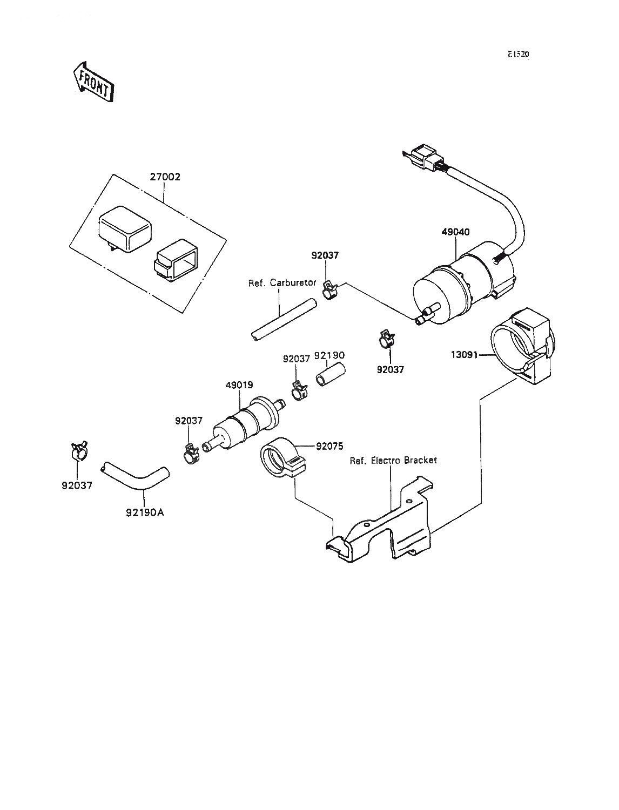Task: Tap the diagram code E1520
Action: (x=518, y=55)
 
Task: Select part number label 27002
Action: (x=165, y=177)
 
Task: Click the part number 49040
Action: (x=456, y=232)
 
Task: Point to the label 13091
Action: (x=465, y=355)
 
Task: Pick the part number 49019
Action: (x=240, y=385)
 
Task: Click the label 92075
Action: (x=329, y=446)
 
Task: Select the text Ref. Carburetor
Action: (x=282, y=283)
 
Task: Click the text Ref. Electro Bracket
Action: (x=393, y=460)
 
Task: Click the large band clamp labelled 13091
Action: (x=521, y=347)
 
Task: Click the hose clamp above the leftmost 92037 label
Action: (x=78, y=451)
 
